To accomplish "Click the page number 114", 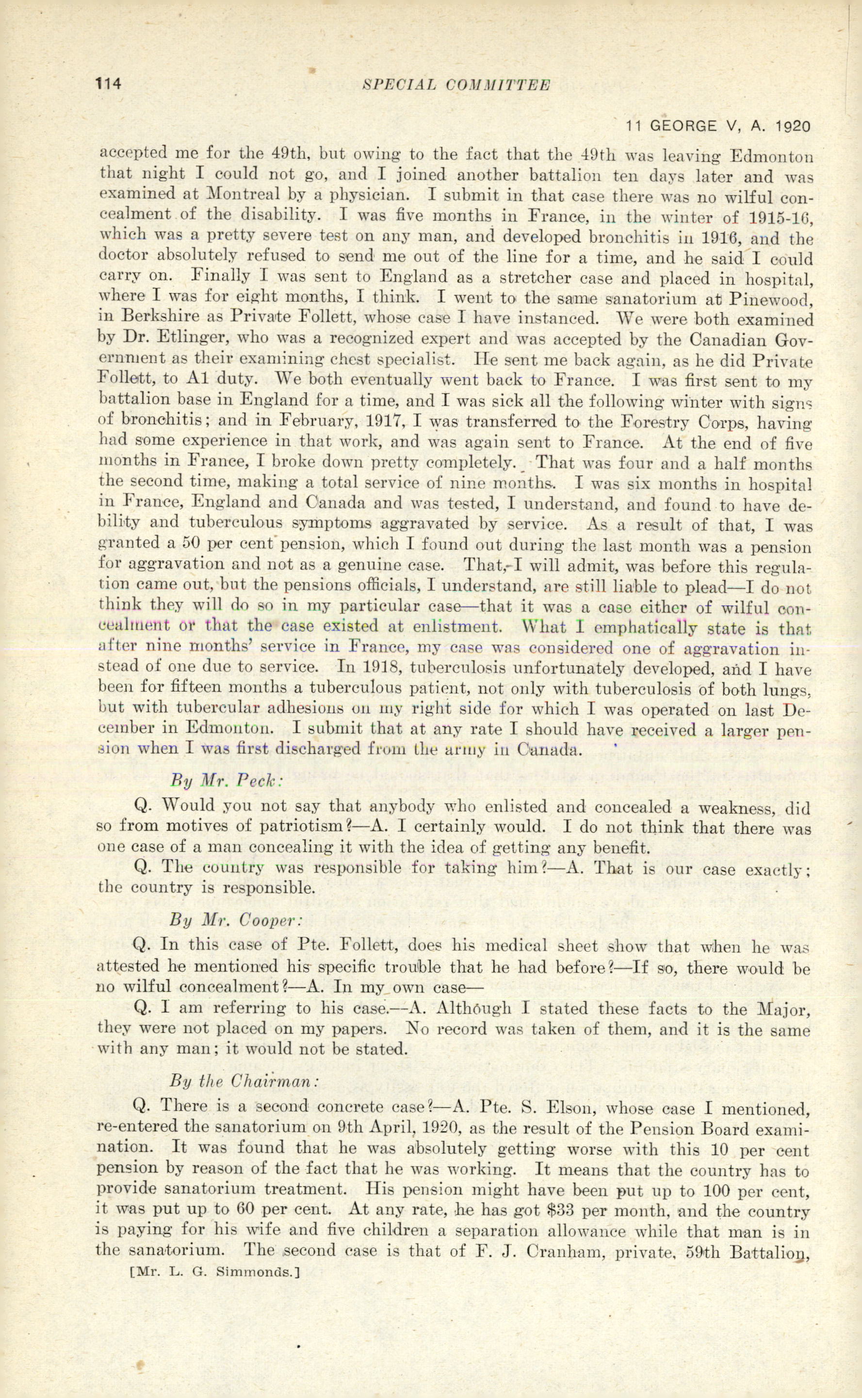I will tap(109, 83).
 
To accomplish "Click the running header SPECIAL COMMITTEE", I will tap(456, 85).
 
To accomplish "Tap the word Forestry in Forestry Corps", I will tap(667, 422).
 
